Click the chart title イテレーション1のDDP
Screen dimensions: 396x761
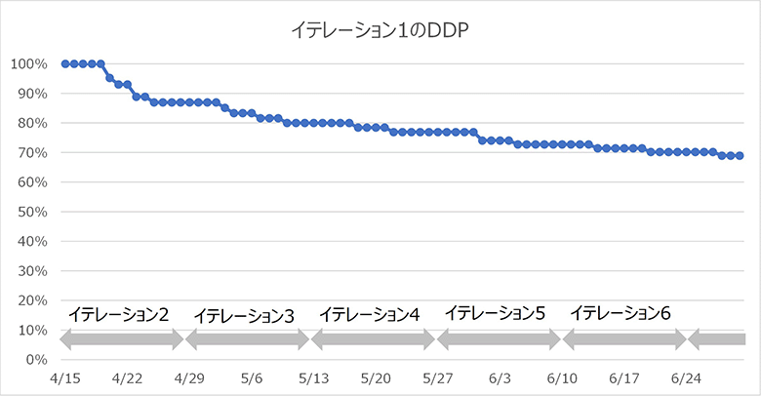pyautogui.click(x=381, y=30)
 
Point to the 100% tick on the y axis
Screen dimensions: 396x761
pyautogui.click(x=29, y=64)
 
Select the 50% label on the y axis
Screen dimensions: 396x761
pyautogui.click(x=32, y=212)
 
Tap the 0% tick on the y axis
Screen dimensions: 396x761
pyautogui.click(x=36, y=360)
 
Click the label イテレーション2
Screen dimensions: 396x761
pyautogui.click(x=119, y=315)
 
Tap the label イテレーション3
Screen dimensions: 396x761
pyautogui.click(x=244, y=315)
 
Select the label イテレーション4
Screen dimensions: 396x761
pyautogui.click(x=370, y=315)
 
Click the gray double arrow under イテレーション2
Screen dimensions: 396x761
pyautogui.click(x=122, y=339)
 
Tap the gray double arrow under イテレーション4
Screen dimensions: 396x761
pyautogui.click(x=373, y=339)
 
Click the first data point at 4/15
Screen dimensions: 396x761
pyautogui.click(x=65, y=63)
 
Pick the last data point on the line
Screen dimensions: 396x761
pyautogui.click(x=740, y=155)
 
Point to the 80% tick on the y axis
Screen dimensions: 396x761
pyautogui.click(x=32, y=123)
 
